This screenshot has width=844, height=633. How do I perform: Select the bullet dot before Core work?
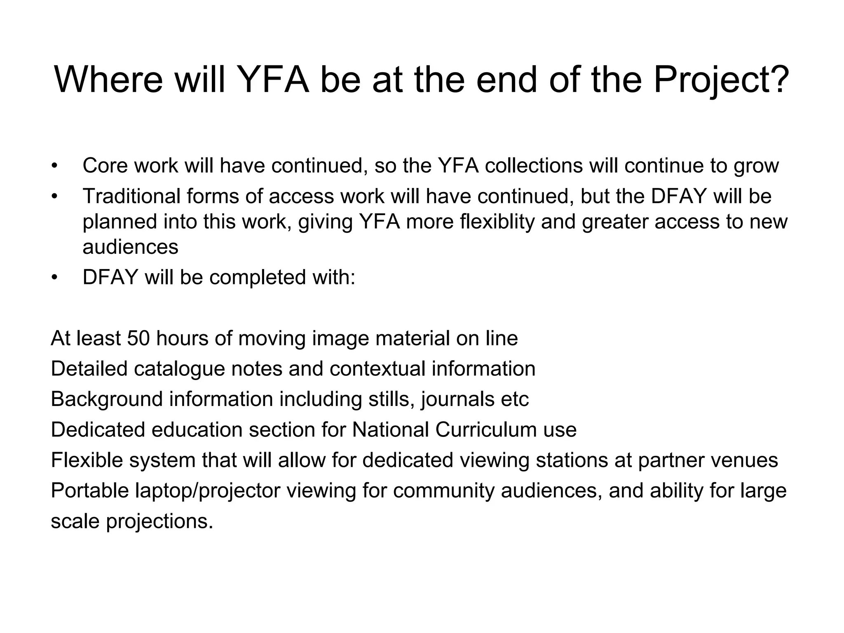(x=54, y=166)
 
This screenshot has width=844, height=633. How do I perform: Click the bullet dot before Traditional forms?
(x=54, y=197)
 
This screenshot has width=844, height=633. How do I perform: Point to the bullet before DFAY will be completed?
(x=54, y=277)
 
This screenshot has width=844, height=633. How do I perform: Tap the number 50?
(x=139, y=338)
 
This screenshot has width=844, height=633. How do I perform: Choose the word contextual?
(x=377, y=369)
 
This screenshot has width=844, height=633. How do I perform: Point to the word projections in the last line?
(x=160, y=522)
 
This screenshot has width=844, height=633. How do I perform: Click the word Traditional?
(x=131, y=196)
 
